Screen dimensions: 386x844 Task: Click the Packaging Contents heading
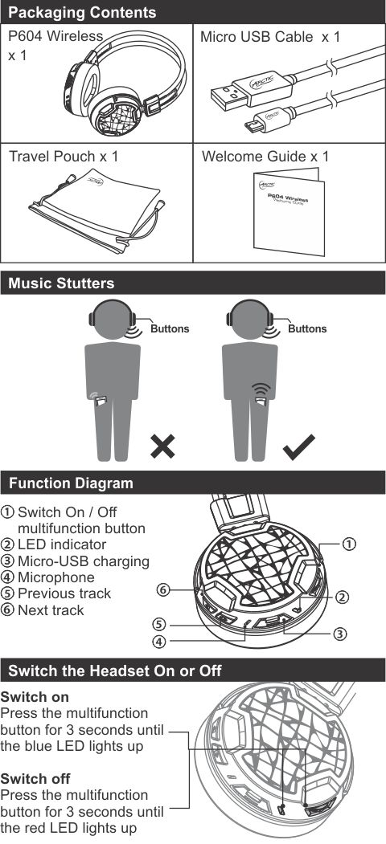[x=83, y=12]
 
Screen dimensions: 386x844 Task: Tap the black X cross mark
[x=162, y=446]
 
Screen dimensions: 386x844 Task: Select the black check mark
[x=299, y=446]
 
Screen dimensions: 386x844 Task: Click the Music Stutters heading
[x=61, y=283]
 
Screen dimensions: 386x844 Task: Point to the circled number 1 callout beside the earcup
[x=349, y=544]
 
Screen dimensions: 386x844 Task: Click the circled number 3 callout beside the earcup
[x=339, y=634]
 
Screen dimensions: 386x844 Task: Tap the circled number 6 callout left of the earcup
[x=163, y=590]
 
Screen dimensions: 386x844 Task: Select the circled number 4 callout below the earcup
[x=158, y=641]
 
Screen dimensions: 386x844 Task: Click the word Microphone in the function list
[x=56, y=577]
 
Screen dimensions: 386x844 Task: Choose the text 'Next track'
[x=51, y=610]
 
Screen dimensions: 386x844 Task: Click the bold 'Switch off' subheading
[x=35, y=778]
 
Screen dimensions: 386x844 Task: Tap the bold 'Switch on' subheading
[x=35, y=696]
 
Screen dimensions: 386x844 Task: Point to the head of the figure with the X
[x=111, y=319]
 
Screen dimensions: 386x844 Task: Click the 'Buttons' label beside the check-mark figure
[x=306, y=328]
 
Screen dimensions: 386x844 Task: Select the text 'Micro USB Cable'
[x=257, y=37]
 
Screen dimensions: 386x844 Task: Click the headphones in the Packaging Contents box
[x=127, y=81]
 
